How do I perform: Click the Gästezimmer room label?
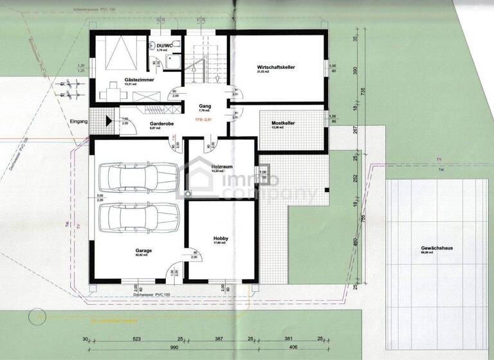point(137,80)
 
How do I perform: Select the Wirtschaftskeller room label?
point(275,67)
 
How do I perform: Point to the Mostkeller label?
point(283,122)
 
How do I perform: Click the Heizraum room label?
point(221,166)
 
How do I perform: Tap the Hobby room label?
point(221,238)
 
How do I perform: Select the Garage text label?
point(143,250)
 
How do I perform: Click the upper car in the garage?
point(138,175)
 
